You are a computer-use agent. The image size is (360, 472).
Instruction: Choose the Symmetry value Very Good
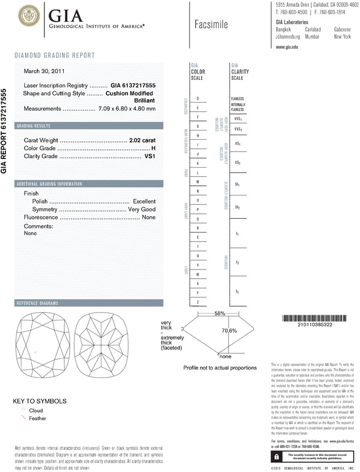coord(142,210)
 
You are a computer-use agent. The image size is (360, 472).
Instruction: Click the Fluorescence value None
coord(149,218)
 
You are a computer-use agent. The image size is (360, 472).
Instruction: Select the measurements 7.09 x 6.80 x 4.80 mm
coord(126,108)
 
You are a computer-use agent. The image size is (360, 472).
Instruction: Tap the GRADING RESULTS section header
coord(34,125)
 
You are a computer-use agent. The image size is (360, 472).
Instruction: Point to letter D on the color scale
coord(197,99)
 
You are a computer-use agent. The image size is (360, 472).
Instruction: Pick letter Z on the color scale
coord(197,302)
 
